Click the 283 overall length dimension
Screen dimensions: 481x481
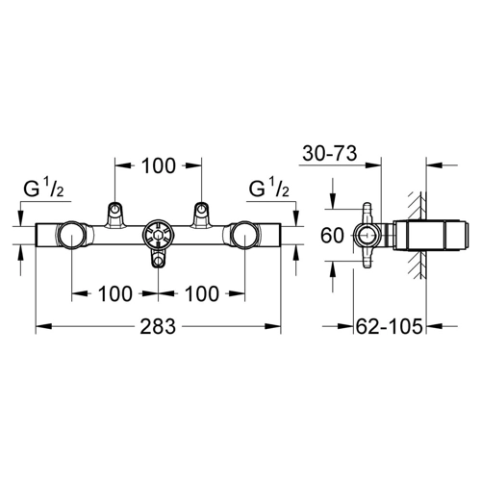(158, 326)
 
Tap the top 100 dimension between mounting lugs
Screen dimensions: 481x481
(159, 165)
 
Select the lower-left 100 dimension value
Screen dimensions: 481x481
(115, 293)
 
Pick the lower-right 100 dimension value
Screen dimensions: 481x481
(202, 293)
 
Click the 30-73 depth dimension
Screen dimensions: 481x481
(330, 153)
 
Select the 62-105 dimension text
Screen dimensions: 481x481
(390, 327)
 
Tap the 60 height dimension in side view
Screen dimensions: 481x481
(332, 235)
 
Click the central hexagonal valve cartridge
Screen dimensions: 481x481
(159, 235)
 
